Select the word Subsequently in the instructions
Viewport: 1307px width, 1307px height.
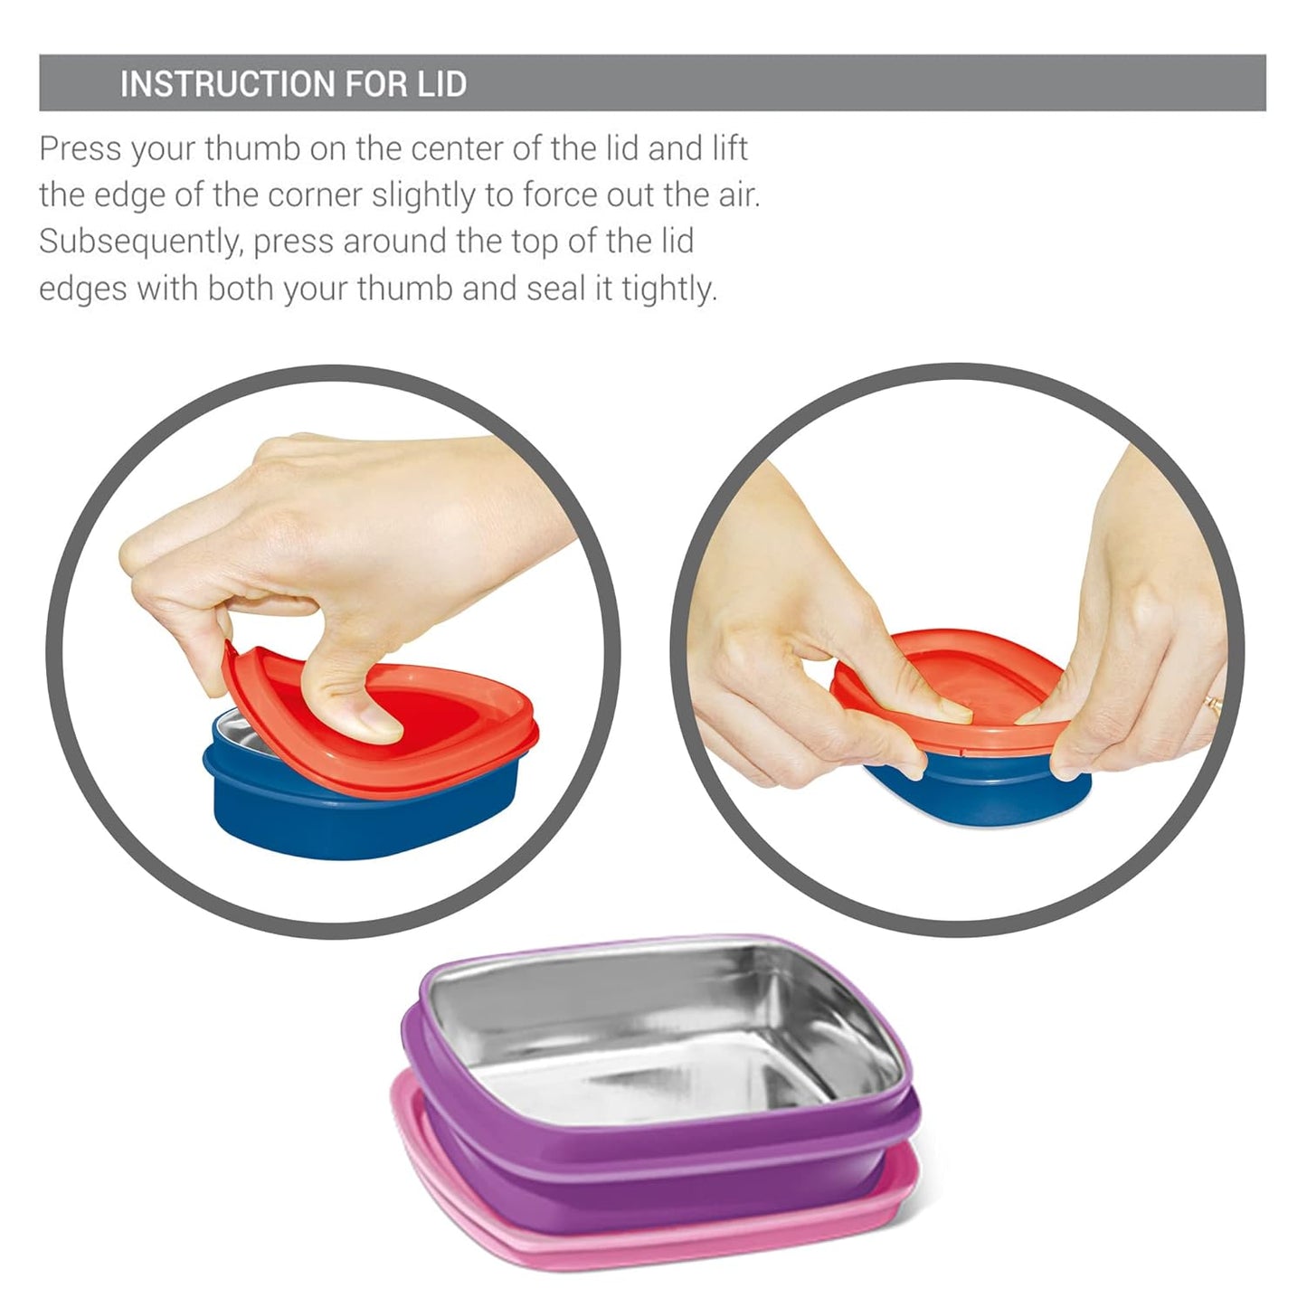[141, 242]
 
